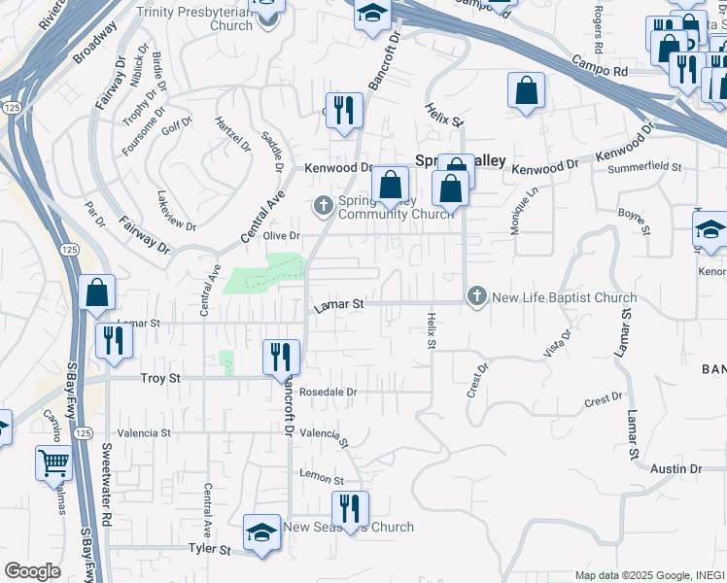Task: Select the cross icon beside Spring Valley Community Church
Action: click(x=322, y=205)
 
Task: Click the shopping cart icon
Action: click(x=53, y=463)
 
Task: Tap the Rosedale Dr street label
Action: click(x=329, y=393)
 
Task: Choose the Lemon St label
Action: click(x=323, y=480)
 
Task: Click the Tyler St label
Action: click(x=209, y=550)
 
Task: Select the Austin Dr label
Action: click(x=675, y=469)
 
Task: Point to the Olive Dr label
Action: click(x=282, y=236)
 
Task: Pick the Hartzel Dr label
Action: click(x=232, y=135)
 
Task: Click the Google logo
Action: click(x=32, y=571)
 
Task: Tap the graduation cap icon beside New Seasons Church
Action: click(x=260, y=532)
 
